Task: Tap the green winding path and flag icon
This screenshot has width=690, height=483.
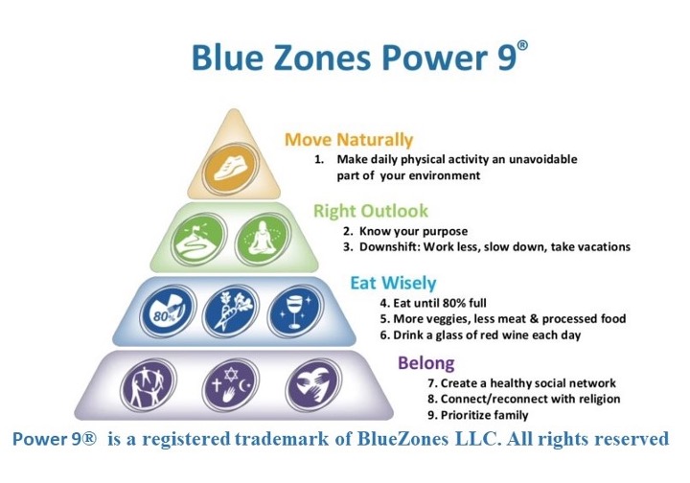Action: coord(199,240)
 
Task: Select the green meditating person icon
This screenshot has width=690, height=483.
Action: coord(263,240)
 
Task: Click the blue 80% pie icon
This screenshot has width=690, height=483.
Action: coord(168,311)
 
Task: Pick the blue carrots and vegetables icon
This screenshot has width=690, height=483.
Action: coord(231,311)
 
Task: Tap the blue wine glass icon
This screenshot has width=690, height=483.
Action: coord(295,311)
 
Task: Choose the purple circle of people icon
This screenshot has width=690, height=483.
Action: coord(149,385)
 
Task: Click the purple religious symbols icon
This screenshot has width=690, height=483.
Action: coord(231,385)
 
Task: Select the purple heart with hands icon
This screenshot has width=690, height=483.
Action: coord(313,385)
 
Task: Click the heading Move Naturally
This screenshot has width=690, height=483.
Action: coord(349,140)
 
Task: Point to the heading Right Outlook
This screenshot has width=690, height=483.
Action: coord(371,211)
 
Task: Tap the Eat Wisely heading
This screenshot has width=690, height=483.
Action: coord(393,283)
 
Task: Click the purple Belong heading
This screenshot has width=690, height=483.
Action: coord(425,363)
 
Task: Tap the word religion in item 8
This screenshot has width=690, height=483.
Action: coord(600,400)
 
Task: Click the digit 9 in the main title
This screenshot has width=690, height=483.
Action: coord(507,57)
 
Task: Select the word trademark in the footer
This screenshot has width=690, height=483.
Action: coord(282,439)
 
